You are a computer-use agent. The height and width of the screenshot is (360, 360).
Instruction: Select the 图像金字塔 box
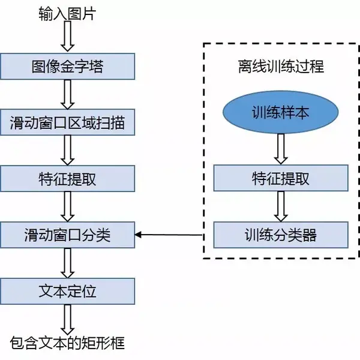pyautogui.click(x=67, y=65)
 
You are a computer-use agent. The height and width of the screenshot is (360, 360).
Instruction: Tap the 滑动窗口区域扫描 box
pyautogui.click(x=67, y=122)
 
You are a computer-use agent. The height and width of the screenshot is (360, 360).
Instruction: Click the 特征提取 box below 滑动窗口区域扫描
pyautogui.click(x=67, y=179)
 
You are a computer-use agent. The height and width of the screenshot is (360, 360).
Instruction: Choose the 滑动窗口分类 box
pyautogui.click(x=67, y=235)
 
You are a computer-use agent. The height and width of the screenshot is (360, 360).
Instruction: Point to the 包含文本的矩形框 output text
pyautogui.click(x=67, y=343)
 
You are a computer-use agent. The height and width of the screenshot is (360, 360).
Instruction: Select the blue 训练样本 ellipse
pyautogui.click(x=280, y=112)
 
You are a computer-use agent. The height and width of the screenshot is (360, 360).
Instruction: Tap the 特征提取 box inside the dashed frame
pyautogui.click(x=280, y=178)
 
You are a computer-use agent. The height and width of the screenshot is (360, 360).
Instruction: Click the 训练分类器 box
pyautogui.click(x=280, y=234)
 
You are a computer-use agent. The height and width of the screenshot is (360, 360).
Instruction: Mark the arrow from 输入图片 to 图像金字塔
pyautogui.click(x=68, y=37)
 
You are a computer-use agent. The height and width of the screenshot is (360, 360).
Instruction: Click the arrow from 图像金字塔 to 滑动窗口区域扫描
pyautogui.click(x=68, y=94)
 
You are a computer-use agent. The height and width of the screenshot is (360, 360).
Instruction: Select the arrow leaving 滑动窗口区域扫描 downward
pyautogui.click(x=68, y=150)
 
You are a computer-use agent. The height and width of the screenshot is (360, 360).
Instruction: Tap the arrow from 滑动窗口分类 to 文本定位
pyautogui.click(x=68, y=263)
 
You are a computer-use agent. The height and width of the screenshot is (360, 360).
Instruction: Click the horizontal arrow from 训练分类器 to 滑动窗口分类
pyautogui.click(x=174, y=235)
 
